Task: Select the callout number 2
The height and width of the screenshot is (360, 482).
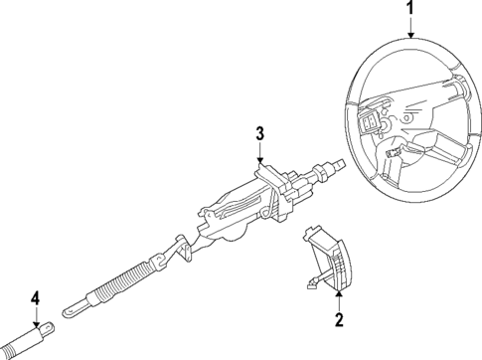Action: (x=338, y=319)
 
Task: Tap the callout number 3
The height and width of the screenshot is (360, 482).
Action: (x=258, y=134)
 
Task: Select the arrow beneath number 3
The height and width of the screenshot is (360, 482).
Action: (x=258, y=156)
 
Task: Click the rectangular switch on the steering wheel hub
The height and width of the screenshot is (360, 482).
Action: (x=373, y=124)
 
